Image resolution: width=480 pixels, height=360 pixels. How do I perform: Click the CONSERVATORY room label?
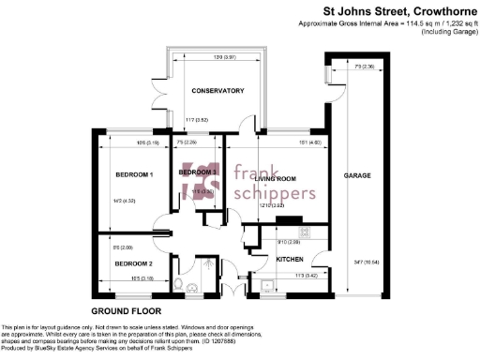tap(217, 91)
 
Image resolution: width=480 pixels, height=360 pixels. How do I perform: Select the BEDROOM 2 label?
tap(133, 264)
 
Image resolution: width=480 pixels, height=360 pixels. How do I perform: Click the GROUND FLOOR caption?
tap(126, 309)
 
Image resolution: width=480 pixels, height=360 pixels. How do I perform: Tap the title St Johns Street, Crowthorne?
tap(397, 12)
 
